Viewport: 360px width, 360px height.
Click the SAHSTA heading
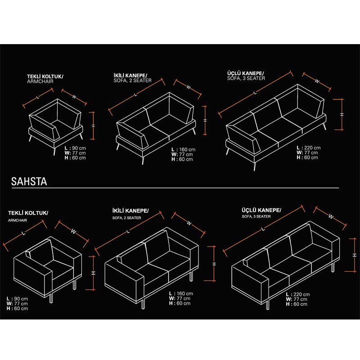29,181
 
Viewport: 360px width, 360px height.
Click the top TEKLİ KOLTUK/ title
45,76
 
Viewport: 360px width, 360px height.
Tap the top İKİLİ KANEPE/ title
130,76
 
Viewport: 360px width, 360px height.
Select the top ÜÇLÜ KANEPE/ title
246,73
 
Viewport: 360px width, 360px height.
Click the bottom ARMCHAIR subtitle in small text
18,220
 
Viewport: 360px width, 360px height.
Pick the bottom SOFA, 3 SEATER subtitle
256,216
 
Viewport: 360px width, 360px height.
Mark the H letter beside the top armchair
94,126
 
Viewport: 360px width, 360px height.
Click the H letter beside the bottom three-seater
355,255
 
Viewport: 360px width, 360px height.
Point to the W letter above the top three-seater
317,81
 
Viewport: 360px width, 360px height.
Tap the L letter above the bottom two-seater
128,231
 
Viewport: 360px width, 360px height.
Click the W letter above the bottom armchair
73,231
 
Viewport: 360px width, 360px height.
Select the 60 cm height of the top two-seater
182,159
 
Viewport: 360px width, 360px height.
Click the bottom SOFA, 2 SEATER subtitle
127,218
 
